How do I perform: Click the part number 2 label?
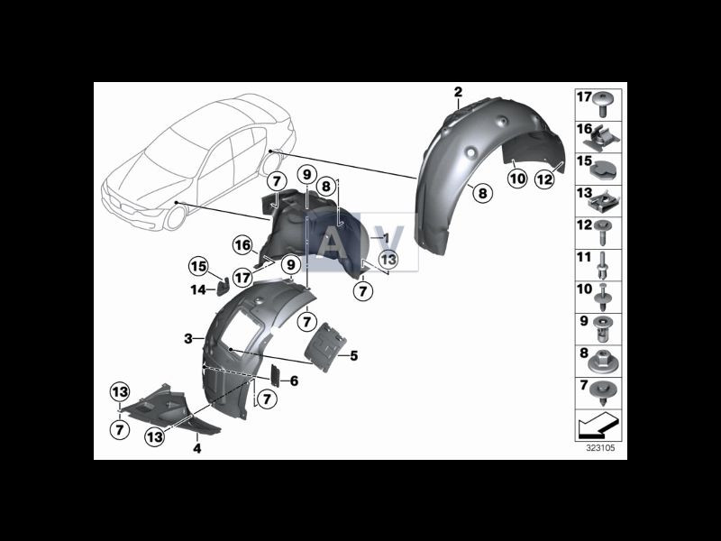[x=458, y=93]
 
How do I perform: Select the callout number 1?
[x=385, y=238]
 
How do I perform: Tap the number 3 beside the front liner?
[x=188, y=339]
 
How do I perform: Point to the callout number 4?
[x=196, y=446]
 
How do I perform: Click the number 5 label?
[x=354, y=356]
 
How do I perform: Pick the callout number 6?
[x=294, y=382]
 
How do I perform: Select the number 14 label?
[x=197, y=289]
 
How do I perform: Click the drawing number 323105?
[x=600, y=446]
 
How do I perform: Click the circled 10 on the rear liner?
[x=516, y=179]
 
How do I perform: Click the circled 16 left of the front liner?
[x=242, y=244]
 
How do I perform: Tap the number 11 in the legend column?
[x=583, y=257]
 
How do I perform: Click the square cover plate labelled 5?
[x=324, y=347]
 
